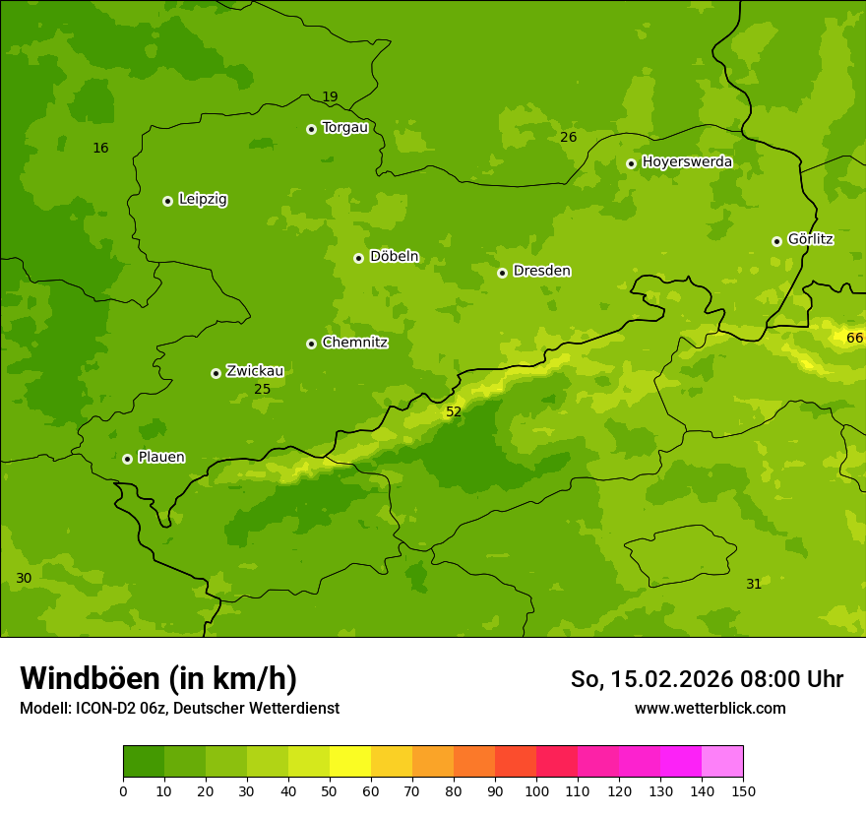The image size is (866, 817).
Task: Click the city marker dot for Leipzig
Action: (168, 201)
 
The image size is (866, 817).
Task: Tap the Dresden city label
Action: (541, 271)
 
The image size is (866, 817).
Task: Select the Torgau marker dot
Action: (312, 129)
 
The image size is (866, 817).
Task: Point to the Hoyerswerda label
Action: (687, 162)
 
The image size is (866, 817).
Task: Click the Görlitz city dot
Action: (776, 241)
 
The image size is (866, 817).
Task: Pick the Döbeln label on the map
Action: (394, 257)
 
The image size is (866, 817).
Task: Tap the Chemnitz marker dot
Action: (312, 344)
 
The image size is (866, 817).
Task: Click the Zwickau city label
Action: (255, 371)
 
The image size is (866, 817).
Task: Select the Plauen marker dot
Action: (128, 459)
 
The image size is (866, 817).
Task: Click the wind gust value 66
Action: (854, 339)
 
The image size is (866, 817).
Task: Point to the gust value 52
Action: (454, 411)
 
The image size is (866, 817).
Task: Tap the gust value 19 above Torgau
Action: (330, 96)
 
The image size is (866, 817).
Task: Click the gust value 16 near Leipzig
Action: (100, 149)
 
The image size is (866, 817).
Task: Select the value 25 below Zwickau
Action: (263, 389)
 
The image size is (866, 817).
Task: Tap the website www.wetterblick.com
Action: (710, 708)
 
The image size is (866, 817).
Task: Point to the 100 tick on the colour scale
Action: (536, 790)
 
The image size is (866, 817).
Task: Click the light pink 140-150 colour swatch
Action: (722, 762)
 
